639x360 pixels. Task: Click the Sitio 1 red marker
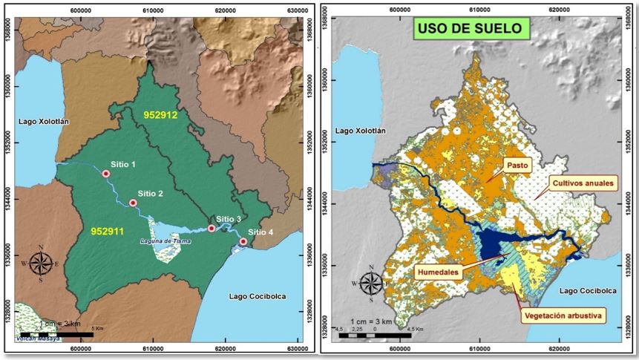point(106,174)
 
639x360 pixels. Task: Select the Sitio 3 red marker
point(212,229)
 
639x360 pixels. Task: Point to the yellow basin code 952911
point(109,232)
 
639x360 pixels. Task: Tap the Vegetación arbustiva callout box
point(561,315)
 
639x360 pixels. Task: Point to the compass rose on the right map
point(372,284)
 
